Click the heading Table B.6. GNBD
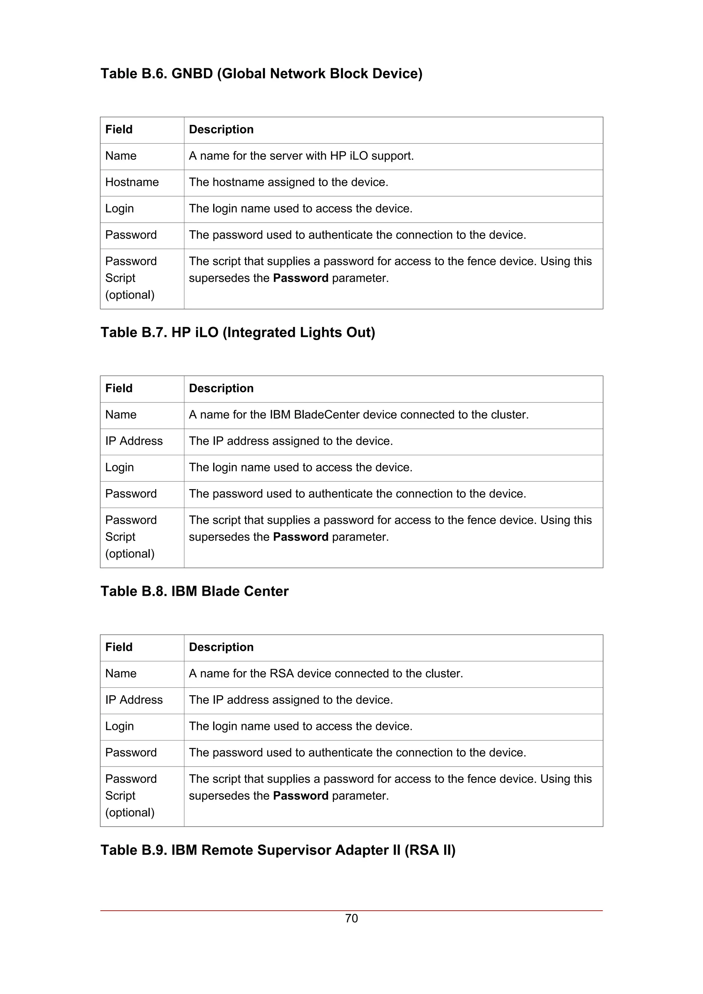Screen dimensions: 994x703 point(261,74)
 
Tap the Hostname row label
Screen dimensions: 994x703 point(132,182)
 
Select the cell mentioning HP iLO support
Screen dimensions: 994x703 point(301,156)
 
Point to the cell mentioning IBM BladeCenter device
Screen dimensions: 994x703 point(358,415)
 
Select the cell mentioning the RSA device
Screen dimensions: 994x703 point(326,674)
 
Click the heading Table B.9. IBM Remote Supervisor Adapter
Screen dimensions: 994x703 point(278,850)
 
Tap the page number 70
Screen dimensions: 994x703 point(351,919)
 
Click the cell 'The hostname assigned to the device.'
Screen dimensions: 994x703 point(288,182)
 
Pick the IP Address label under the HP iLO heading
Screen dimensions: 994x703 point(134,441)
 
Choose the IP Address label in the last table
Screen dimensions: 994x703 point(134,700)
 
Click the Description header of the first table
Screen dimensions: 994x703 point(221,129)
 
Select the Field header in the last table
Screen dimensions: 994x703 point(119,647)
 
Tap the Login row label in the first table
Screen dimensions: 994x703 point(119,209)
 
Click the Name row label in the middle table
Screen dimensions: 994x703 point(120,415)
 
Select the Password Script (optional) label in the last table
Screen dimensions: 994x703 point(130,796)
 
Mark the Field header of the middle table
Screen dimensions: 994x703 point(119,388)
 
